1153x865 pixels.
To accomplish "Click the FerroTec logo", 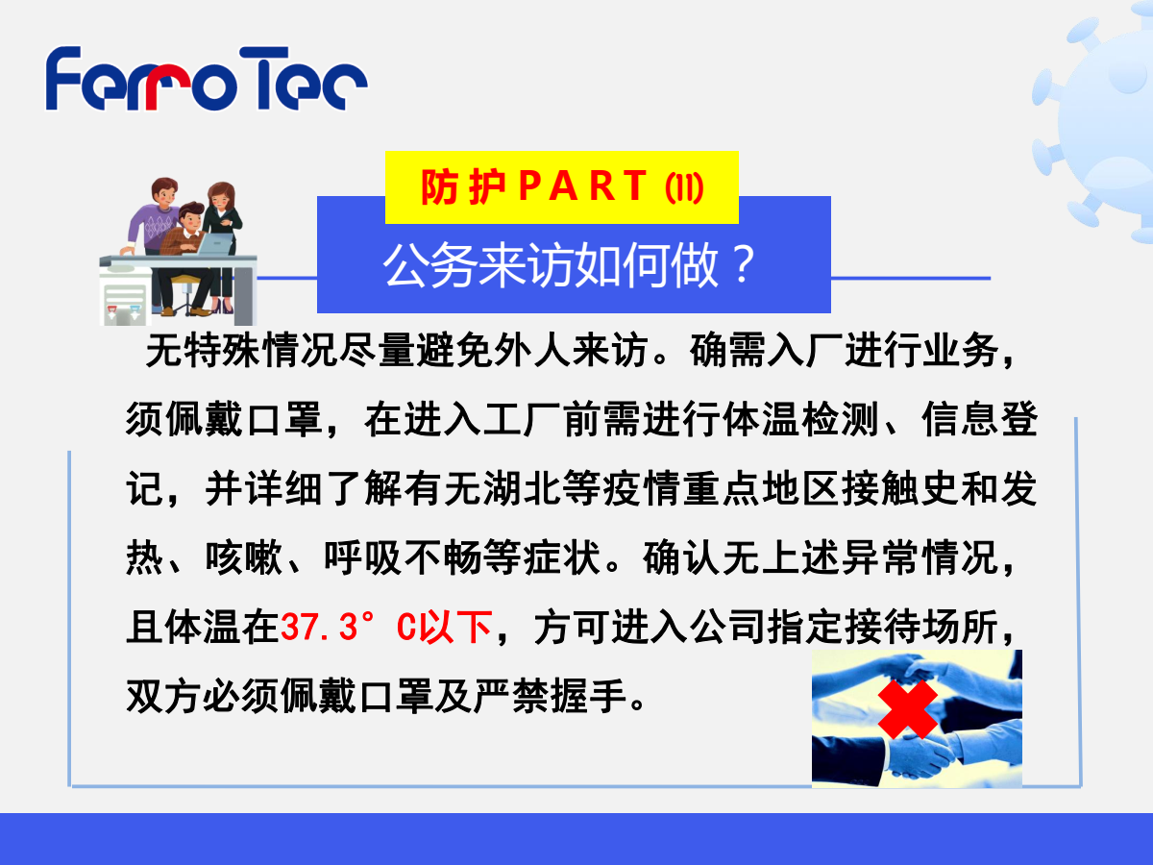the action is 207,78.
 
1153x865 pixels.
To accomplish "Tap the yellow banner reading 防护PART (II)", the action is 561,187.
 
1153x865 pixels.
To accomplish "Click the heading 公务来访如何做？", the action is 569,264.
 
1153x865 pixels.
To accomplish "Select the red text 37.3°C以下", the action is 386,627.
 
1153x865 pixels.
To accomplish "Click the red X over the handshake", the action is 907,709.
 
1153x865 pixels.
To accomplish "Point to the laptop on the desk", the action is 214,244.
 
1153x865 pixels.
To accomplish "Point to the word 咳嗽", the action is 244,557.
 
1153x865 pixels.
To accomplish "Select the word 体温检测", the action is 800,419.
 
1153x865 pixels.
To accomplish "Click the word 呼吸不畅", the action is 403,557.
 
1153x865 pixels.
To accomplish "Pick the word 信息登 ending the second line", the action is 980,419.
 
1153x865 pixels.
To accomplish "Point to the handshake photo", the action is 917,719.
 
